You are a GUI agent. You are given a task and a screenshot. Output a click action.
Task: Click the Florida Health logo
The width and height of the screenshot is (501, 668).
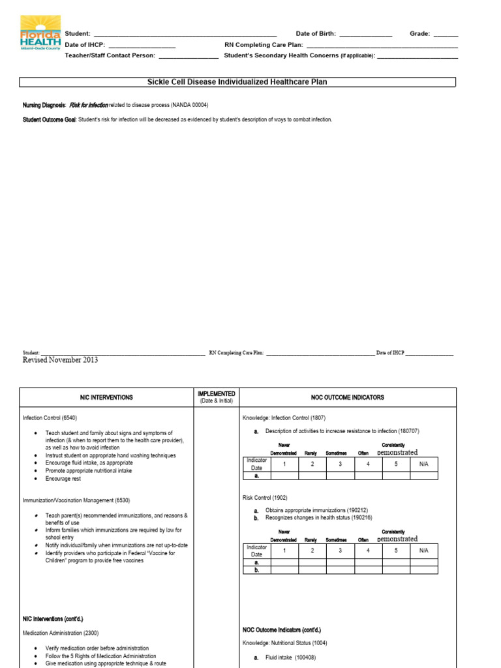40,33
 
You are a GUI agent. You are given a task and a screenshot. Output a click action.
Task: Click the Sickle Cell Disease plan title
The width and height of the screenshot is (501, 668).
237,82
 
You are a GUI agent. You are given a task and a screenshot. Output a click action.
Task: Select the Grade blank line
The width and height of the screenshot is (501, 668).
446,34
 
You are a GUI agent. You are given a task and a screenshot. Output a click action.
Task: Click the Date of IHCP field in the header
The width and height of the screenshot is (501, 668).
149,45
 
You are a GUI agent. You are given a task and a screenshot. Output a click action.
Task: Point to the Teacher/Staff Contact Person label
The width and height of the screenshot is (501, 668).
110,55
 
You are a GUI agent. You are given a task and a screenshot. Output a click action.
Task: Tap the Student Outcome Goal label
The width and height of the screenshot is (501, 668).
50,119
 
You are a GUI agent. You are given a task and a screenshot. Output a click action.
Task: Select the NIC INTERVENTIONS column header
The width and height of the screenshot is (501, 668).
106,397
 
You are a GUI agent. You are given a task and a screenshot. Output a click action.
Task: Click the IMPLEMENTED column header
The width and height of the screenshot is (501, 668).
216,394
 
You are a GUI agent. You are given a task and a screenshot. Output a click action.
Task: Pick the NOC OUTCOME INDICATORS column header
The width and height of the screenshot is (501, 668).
348,397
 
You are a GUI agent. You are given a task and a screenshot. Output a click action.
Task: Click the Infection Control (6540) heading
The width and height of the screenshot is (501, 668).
54,417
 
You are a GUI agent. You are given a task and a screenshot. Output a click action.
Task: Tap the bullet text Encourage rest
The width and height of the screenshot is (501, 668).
64,478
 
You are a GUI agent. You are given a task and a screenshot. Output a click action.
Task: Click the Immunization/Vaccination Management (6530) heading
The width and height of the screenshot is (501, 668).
76,500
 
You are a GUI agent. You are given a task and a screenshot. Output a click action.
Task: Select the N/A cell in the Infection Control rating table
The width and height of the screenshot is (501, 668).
424,464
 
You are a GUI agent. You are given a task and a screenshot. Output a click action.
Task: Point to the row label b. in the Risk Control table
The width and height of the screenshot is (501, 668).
256,569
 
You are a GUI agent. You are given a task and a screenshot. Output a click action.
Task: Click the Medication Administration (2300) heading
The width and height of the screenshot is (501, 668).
61,633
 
